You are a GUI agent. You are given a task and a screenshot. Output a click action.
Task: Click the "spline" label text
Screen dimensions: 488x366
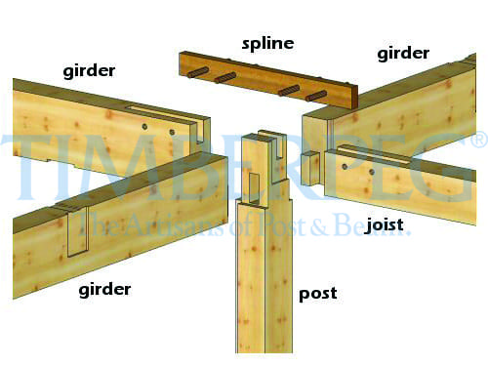click(x=267, y=44)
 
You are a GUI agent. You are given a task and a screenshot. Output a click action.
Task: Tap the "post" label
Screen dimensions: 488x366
click(x=318, y=294)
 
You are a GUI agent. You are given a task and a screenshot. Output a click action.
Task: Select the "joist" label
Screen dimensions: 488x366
click(x=385, y=224)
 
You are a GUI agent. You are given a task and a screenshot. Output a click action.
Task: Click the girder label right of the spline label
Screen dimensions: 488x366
click(x=403, y=54)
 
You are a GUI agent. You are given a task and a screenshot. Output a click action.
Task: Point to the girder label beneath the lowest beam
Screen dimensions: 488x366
click(x=104, y=290)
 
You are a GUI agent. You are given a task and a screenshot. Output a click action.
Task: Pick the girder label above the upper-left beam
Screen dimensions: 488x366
click(x=89, y=71)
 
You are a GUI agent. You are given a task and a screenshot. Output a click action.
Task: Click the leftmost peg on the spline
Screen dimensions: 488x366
click(x=196, y=72)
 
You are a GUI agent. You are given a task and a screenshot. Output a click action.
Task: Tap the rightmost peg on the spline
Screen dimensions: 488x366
click(x=316, y=96)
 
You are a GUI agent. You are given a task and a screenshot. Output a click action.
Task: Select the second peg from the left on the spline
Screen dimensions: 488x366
click(x=224, y=78)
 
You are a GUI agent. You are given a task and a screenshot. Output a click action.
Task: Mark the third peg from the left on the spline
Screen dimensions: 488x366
click(x=289, y=90)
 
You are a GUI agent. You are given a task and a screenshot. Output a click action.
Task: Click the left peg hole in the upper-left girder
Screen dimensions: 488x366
click(x=144, y=126)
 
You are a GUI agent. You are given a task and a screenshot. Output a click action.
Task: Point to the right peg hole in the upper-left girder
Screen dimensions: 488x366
click(x=172, y=132)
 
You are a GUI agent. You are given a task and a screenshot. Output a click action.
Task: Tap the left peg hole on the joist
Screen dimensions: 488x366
click(x=345, y=167)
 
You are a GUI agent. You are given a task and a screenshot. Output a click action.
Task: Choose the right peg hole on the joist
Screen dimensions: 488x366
click(x=372, y=172)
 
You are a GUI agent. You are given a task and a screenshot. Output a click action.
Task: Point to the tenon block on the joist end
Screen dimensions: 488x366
click(x=309, y=169)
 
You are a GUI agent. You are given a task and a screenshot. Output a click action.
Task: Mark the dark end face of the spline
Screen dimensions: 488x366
click(x=353, y=97)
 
